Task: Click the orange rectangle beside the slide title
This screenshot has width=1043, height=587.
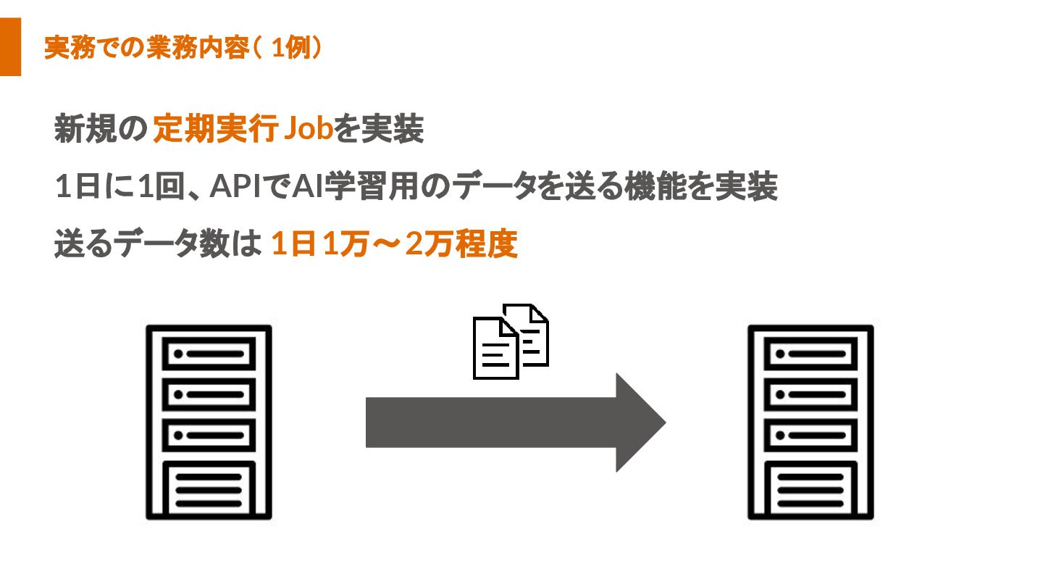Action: pos(10,47)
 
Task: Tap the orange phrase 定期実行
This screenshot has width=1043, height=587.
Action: pos(216,131)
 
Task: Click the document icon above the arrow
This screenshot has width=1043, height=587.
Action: pos(510,341)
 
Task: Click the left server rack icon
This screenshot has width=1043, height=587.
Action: pos(209,422)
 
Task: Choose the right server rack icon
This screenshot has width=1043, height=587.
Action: pos(810,422)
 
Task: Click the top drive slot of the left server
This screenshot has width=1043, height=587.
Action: pos(209,354)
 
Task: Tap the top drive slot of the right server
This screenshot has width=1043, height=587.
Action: pos(810,354)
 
